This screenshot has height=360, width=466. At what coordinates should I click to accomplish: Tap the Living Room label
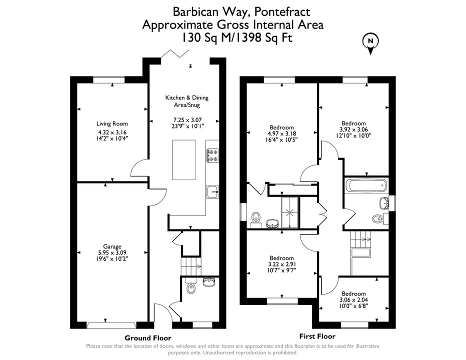pos(112,123)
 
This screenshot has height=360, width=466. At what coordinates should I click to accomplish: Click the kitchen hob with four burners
pos(212,155)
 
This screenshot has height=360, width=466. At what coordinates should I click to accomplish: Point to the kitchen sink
pos(212,192)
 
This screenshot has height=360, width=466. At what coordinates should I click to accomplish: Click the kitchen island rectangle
pos(184,160)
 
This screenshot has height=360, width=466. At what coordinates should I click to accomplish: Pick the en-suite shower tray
pos(289,212)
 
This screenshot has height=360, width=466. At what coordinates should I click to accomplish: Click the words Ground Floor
pos(147,338)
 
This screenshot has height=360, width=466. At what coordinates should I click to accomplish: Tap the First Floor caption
pos(317,336)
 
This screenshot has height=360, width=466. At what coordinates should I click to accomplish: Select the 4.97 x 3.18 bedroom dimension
pos(281,134)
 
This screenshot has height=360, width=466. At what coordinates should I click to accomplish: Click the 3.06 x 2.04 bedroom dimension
pos(353,300)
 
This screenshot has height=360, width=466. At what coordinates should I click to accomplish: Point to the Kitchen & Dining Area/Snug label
pos(187,101)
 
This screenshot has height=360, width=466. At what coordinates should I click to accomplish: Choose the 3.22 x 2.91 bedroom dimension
pos(281,264)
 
